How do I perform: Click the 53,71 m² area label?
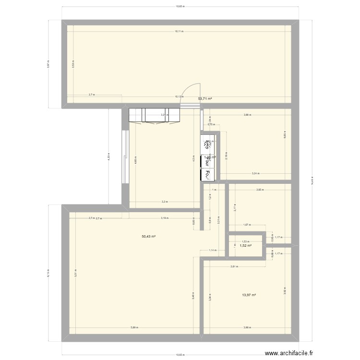coord(205,98)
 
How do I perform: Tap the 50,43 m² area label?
coord(148,237)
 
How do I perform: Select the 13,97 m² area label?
coord(249,295)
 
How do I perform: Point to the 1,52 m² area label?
coord(246,245)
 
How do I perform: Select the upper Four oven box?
coord(208,161)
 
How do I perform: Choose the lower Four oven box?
coord(208,175)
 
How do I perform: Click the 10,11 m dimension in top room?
coord(179,32)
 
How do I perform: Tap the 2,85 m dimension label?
coord(260,190)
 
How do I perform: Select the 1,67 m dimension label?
coord(246,225)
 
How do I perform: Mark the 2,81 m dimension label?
coord(234,267)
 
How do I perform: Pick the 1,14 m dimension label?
coord(211,250)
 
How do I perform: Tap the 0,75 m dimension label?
coord(210,125)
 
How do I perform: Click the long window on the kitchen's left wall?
coord(126,156)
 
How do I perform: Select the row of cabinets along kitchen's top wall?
coord(154,115)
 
